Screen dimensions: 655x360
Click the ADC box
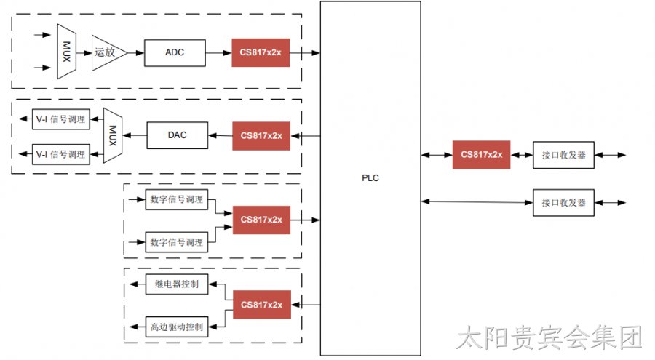pos(175,52)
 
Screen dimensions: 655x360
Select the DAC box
pos(177,135)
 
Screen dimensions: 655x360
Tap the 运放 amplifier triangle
pos(108,52)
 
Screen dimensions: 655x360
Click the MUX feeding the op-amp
pos(66,52)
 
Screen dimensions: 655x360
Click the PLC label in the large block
pos(370,178)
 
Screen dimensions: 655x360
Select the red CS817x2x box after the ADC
pos(261,52)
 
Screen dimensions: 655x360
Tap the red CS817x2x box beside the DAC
pos(261,136)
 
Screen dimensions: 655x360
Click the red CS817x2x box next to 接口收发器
pos(481,155)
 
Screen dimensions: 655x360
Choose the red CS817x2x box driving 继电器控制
pos(262,305)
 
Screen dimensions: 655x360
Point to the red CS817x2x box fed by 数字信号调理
pos(261,220)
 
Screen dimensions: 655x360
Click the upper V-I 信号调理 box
pos(61,119)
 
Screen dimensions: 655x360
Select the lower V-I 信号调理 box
pos(61,154)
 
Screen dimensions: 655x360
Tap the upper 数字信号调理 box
pos(176,199)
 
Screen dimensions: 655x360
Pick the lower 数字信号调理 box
pos(176,241)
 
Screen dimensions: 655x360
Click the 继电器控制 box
pos(176,284)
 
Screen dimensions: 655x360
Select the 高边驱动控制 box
pos(176,327)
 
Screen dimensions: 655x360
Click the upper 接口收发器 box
pos(563,155)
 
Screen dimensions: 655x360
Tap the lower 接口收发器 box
pos(563,203)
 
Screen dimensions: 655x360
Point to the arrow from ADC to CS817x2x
pos(218,53)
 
